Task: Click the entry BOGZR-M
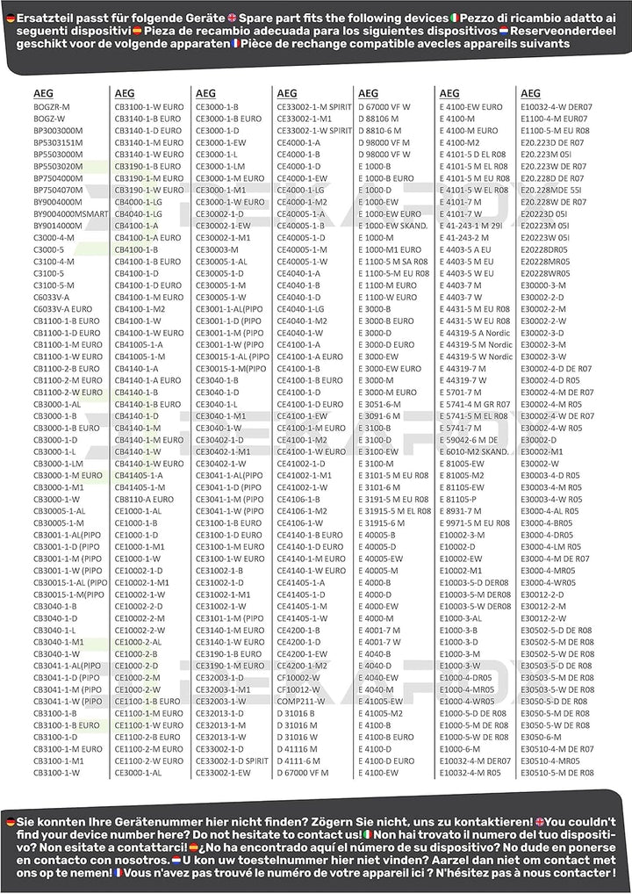[x=52, y=106]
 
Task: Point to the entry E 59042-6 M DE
[x=473, y=439]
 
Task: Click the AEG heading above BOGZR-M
[x=43, y=93]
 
